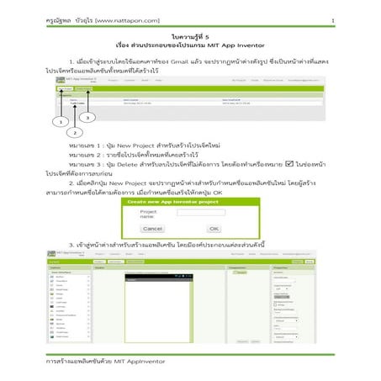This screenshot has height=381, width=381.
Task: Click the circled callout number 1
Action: [x=60, y=122]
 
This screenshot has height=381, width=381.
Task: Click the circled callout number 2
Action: [x=75, y=132]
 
